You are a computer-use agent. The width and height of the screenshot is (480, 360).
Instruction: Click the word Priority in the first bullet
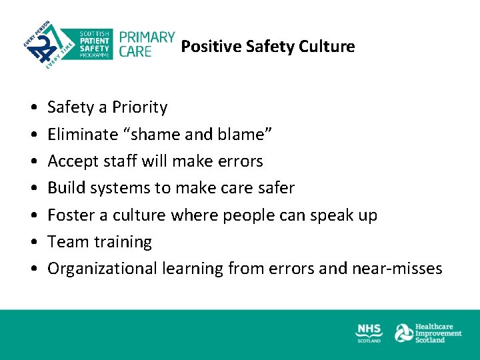click(139, 107)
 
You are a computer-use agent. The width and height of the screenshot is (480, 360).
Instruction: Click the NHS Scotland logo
click(369, 333)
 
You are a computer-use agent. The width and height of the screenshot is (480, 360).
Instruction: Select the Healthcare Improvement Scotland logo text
click(438, 333)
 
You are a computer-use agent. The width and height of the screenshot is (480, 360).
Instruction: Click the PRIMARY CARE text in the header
click(146, 44)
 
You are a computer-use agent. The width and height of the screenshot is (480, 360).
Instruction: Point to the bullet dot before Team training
click(33, 243)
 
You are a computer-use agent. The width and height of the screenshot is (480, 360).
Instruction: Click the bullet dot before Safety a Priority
click(33, 108)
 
